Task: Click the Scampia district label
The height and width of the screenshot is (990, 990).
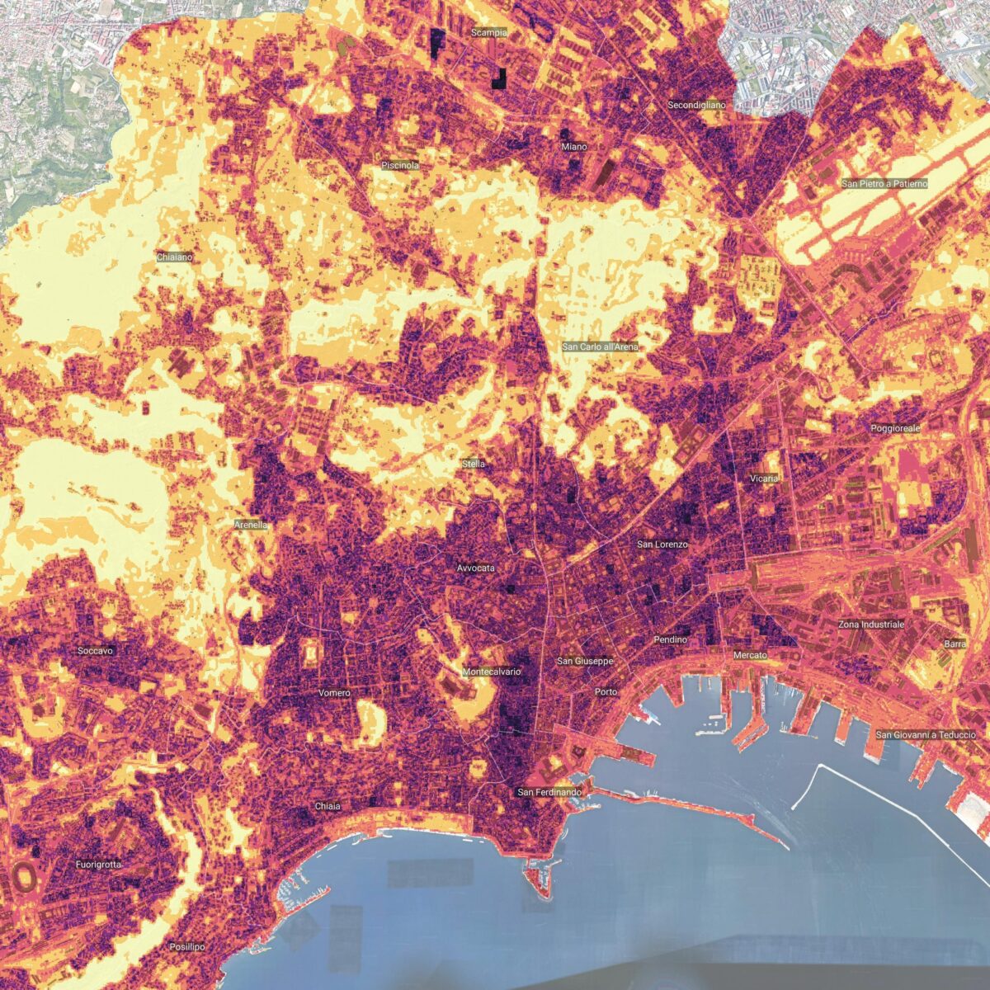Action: coord(488,33)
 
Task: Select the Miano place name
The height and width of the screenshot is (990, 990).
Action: coord(574,147)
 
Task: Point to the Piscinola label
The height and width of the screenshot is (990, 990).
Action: coord(400,166)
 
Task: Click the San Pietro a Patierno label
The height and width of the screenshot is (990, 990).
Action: coord(884,183)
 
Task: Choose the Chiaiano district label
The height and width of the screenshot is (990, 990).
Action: coord(175,257)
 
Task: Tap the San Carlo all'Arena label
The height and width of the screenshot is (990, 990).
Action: coord(600,347)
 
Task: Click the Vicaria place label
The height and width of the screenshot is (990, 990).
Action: coord(765,478)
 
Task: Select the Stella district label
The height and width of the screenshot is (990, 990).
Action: coord(474,464)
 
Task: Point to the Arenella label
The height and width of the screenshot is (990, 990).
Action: coord(251,525)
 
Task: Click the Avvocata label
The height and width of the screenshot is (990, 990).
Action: coord(476,568)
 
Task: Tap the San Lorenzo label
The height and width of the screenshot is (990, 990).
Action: coord(662,544)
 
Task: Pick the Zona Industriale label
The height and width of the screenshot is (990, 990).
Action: coord(871,625)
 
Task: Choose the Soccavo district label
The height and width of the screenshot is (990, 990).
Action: coord(96,651)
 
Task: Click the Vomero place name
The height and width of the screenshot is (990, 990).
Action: coord(334,693)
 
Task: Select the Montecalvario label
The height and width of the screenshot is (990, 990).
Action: coord(492,672)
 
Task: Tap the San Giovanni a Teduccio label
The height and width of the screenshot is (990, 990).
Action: coord(926,734)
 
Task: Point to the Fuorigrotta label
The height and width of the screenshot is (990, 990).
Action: coord(98,865)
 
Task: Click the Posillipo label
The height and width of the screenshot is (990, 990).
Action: coord(186,946)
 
